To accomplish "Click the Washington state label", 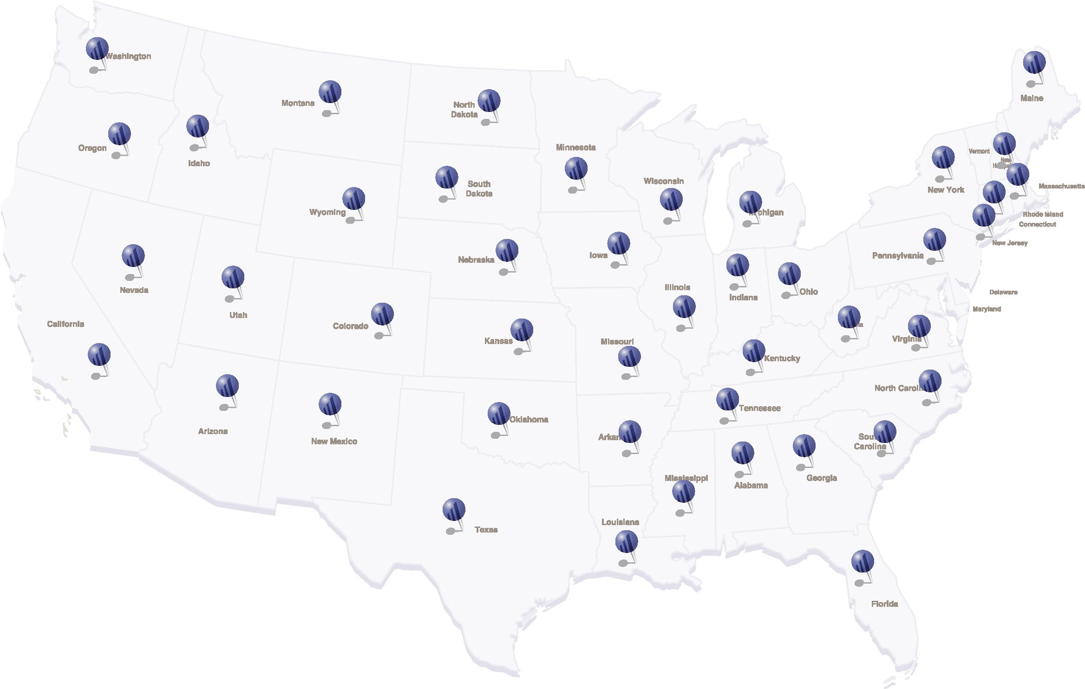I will (x=129, y=56).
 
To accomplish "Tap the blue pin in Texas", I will (x=454, y=510).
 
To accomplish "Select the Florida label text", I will (x=884, y=604).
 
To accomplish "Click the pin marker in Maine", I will (x=1034, y=63).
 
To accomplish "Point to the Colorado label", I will (x=350, y=326).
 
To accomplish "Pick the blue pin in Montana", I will (x=330, y=92).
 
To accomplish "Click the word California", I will (x=65, y=324).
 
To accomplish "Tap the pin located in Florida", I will (x=863, y=561).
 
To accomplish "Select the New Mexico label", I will (x=334, y=441).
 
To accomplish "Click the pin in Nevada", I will (x=133, y=256).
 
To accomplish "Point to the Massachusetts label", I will (x=1061, y=186).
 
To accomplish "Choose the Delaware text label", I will (x=1003, y=292).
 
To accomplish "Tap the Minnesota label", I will (x=575, y=147).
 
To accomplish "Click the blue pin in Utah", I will (x=233, y=277).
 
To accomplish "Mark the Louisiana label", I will (x=620, y=522).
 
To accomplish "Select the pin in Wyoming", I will (x=353, y=199).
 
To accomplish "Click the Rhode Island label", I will (x=1043, y=214).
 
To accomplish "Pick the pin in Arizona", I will (x=227, y=386).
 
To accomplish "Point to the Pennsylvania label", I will (x=897, y=255).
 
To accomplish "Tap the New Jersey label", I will (x=1010, y=243).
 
